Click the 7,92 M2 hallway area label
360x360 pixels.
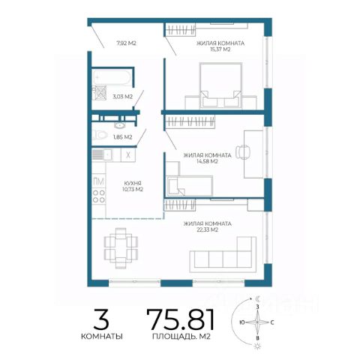pos(126,43)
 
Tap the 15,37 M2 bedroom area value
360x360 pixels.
pos(220,49)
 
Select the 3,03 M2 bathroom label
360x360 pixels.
pos(122,97)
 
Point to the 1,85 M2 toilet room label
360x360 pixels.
pos(122,137)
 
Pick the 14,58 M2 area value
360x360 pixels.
pos(207,161)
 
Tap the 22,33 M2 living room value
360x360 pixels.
pos(207,229)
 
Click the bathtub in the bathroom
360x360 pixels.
pos(112,77)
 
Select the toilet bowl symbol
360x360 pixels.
pos(100,135)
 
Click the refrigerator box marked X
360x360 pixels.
pos(128,155)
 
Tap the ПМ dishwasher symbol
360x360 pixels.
pos(99,181)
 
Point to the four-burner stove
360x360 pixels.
pos(99,196)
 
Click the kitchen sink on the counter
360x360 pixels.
pos(102,154)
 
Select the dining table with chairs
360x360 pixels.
pos(121,248)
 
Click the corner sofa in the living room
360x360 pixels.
pos(223,254)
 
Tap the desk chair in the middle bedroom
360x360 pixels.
pos(243,151)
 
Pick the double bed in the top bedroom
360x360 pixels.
pos(220,85)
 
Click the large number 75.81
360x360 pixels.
pos(181,319)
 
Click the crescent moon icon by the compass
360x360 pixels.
pos(258,298)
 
